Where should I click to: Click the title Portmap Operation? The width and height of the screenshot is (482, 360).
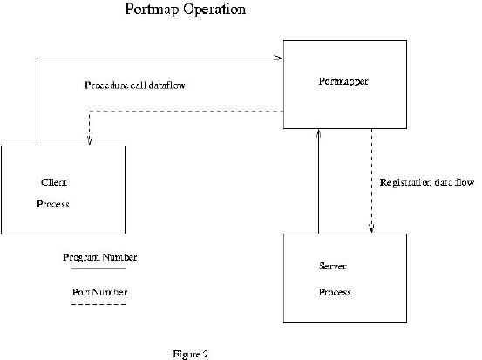tap(186, 10)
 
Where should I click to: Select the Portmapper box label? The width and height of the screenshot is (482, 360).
tap(343, 81)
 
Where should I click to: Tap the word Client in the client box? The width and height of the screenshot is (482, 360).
tap(54, 182)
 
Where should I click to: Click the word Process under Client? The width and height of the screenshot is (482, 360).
tap(53, 204)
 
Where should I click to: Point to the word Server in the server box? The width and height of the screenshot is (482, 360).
tap(333, 266)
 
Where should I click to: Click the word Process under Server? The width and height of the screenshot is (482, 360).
tap(335, 292)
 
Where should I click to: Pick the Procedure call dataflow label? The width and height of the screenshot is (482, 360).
tap(135, 85)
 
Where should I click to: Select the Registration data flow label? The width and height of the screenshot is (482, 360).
tap(427, 182)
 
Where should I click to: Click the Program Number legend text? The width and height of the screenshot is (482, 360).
tap(100, 257)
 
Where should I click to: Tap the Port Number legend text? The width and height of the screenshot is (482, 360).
tap(99, 292)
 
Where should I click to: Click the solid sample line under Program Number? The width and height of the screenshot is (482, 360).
tap(98, 269)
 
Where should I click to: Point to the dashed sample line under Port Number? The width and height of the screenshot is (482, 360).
tap(98, 305)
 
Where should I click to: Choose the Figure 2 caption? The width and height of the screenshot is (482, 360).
tap(191, 354)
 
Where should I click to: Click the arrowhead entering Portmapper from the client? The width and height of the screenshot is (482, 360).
tap(279, 58)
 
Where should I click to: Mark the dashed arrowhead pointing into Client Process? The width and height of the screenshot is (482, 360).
tap(90, 141)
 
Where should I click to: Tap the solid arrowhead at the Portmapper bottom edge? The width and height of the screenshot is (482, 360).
tap(319, 133)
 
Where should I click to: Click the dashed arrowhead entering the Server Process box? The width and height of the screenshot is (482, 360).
tap(371, 229)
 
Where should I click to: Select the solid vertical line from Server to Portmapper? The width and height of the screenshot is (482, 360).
tap(318, 181)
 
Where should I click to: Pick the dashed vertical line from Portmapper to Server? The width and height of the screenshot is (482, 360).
tap(371, 181)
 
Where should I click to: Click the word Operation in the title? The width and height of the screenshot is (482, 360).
tap(214, 10)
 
